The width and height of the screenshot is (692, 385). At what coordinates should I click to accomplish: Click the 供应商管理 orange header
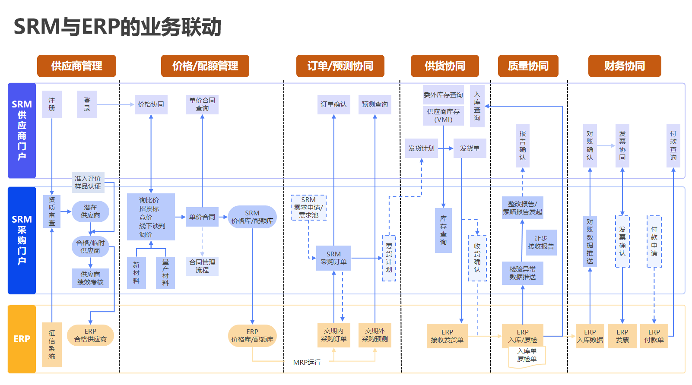76,66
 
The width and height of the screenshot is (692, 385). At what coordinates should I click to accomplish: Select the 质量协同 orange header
528,66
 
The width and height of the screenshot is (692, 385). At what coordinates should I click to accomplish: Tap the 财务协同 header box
624,66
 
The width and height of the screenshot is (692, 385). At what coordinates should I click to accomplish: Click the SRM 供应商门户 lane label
22,130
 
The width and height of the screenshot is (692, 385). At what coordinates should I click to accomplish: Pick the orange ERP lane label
22,339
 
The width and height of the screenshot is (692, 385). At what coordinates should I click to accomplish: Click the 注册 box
52,104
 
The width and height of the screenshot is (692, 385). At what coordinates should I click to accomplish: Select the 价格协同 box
151,104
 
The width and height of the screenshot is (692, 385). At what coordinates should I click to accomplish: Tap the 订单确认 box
333,104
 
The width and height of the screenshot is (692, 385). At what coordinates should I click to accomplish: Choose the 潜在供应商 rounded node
90,211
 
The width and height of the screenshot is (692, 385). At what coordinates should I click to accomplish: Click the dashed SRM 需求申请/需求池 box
308,208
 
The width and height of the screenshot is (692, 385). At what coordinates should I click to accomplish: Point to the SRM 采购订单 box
333,258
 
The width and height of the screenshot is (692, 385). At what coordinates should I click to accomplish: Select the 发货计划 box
421,148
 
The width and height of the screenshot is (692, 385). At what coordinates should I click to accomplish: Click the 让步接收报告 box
541,243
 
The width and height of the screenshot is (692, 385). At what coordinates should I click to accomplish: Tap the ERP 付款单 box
654,336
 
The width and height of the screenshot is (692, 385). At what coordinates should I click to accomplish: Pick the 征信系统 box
52,344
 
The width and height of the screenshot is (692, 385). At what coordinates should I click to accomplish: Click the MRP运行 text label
307,363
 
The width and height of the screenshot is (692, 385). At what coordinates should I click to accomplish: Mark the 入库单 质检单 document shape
527,356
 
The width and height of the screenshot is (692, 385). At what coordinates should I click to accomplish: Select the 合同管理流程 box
202,266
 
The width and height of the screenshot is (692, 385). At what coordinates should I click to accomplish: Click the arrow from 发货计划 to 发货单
446,148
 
